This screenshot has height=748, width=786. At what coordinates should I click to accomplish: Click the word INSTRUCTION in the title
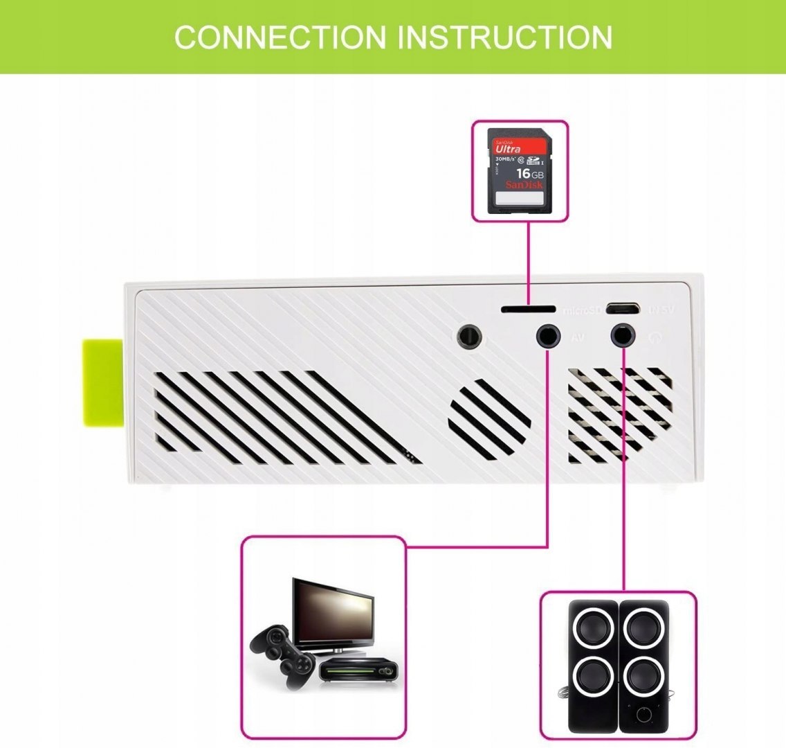[504, 37]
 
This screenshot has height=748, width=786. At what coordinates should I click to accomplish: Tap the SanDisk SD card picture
[520, 170]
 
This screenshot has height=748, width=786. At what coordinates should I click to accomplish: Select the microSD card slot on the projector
[528, 308]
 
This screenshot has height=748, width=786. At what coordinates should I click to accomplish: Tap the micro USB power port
[622, 308]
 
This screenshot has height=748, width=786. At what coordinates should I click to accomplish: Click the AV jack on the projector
[548, 337]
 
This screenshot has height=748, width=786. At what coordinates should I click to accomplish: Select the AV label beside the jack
[579, 338]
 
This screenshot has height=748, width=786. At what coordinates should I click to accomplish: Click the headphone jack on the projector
[623, 337]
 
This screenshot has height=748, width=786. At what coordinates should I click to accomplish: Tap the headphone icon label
[655, 338]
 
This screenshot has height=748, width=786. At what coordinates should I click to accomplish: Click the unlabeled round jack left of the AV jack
[470, 337]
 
